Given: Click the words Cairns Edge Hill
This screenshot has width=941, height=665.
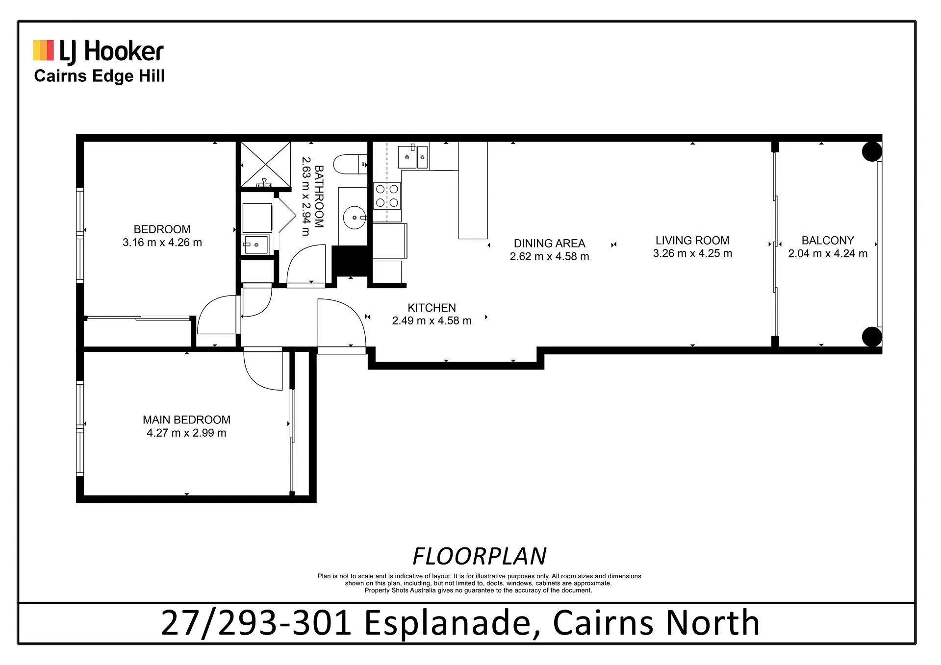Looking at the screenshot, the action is coord(100,76).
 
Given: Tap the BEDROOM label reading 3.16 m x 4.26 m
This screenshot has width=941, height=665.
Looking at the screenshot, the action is coord(162,236).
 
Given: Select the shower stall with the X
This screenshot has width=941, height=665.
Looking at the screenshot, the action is coord(266,164).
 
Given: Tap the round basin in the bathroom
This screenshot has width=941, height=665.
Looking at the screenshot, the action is coord(354,217).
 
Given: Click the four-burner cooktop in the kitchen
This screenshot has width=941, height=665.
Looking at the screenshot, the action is coord(387,196).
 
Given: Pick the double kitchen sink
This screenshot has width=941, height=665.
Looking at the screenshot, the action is coord(413,157).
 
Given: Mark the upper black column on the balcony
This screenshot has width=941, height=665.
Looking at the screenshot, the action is coord(872,151).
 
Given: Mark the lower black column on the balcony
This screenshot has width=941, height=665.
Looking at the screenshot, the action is coord(872,337).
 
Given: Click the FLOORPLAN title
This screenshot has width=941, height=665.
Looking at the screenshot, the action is coord(480,556).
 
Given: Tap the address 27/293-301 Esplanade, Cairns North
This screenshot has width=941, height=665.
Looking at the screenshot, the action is coord(460,623).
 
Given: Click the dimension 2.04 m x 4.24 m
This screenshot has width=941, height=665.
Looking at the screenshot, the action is coord(828,254).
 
